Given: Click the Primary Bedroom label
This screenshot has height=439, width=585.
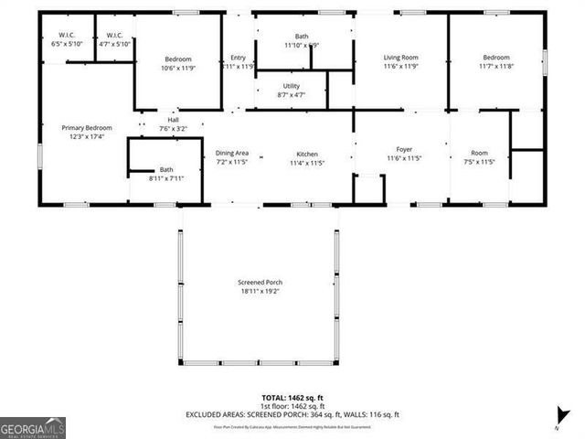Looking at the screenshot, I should (x=86, y=128).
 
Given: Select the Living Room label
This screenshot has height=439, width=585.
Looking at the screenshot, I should (x=399, y=58).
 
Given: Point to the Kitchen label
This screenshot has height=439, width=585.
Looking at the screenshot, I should (x=306, y=153).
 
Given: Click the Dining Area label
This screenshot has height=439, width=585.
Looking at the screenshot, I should (x=231, y=153).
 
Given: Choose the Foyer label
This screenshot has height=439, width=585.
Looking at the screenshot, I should (x=404, y=149).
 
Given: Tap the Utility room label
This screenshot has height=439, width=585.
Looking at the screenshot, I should (x=291, y=85).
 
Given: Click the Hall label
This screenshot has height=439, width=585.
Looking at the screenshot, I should (x=172, y=120).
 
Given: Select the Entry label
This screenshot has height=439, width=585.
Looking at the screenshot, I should (x=238, y=58).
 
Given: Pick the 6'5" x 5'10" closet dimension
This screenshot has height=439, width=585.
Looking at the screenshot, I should (x=64, y=44).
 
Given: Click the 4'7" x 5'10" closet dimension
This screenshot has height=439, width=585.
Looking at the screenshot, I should (x=114, y=44).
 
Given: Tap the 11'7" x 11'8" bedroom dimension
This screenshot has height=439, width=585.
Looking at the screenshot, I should (x=496, y=67).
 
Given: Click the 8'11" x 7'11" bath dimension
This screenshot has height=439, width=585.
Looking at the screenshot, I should (x=165, y=178).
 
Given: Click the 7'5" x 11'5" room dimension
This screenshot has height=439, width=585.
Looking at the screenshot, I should (x=479, y=162).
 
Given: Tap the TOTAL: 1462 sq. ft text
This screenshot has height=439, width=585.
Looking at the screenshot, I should (x=292, y=398).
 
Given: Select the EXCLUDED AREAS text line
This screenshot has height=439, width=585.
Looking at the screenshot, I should (x=292, y=414).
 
